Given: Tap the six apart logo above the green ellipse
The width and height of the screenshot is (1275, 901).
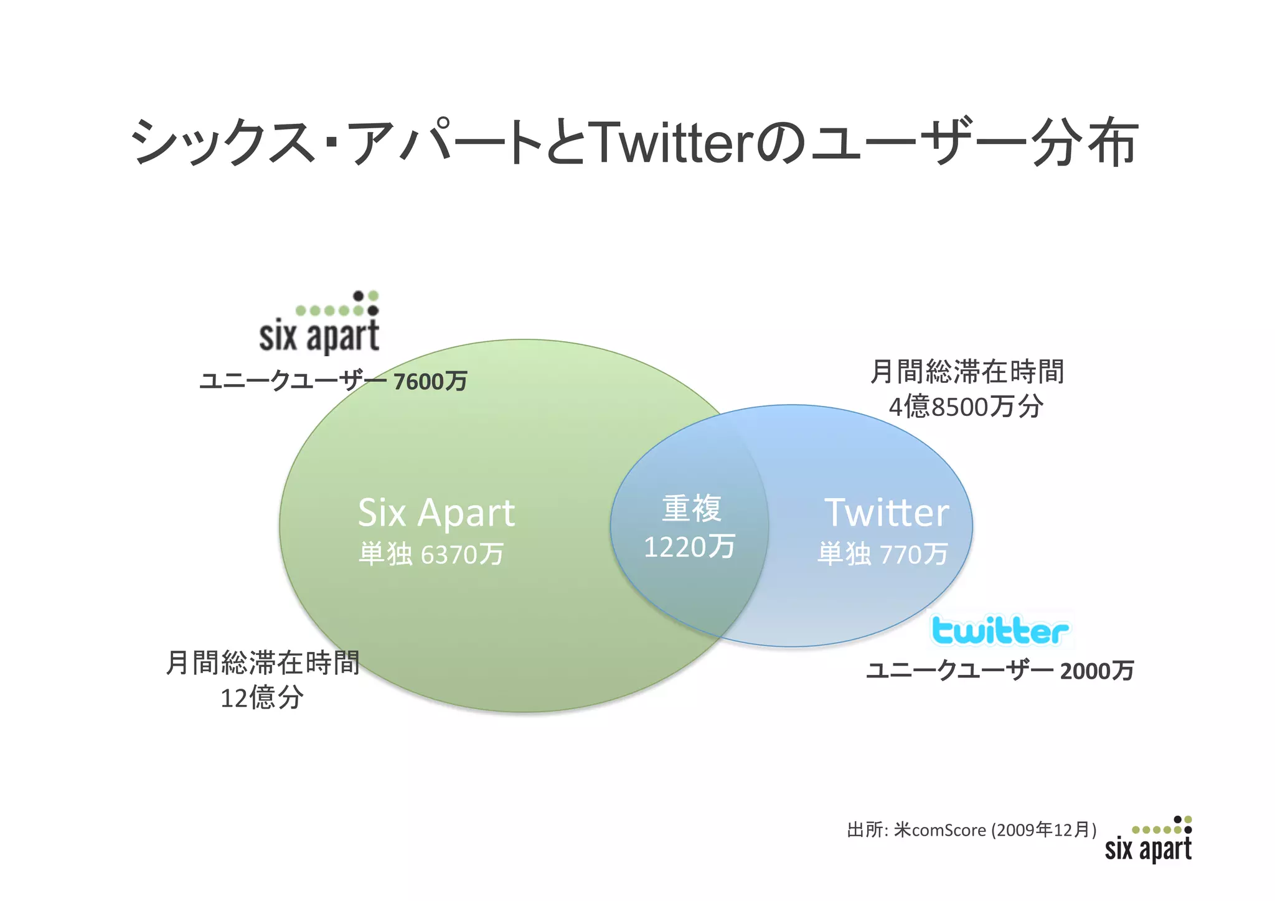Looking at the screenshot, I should [319, 323].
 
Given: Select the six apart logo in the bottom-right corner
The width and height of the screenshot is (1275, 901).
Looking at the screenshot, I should [1149, 841].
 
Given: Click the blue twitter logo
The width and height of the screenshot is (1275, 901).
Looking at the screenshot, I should [1000, 631].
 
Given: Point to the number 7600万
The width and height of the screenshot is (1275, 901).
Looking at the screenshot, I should [430, 382].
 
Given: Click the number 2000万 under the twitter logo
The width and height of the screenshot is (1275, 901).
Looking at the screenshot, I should [1097, 671].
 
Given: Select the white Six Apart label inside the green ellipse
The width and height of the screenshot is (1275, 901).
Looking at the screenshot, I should [436, 514].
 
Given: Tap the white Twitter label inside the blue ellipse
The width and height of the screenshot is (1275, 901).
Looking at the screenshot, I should [887, 514].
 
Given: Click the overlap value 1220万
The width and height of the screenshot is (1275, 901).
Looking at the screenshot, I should [689, 547].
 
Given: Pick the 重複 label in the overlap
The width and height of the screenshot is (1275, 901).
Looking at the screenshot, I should [692, 509].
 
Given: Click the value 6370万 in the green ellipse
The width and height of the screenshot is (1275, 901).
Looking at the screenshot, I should [462, 554].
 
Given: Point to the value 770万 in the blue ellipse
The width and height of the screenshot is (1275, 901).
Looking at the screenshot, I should [913, 554].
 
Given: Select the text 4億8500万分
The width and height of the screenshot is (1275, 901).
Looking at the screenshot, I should [966, 407].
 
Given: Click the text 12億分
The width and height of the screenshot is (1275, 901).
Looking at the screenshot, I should [262, 697].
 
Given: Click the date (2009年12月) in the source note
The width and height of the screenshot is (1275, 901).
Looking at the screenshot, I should [1044, 831].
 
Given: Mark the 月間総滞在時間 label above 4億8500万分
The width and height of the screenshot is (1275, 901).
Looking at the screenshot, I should [967, 372].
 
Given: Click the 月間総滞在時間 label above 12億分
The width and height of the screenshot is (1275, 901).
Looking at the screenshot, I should [263, 663].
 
